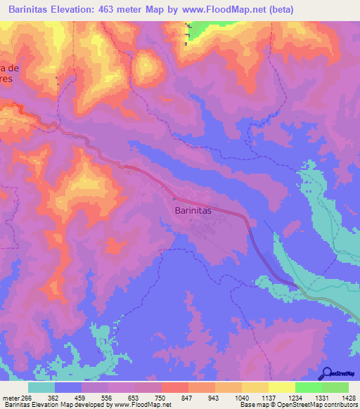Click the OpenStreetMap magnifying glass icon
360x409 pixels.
tap(325, 373)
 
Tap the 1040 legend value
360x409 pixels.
tap(243, 397)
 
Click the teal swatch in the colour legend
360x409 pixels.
tap(41, 387)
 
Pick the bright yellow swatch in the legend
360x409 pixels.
tap(281, 387)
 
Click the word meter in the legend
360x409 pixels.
tap(11, 397)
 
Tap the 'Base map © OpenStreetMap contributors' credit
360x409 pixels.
tap(297, 405)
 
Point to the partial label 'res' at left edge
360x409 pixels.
tap(7, 79)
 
